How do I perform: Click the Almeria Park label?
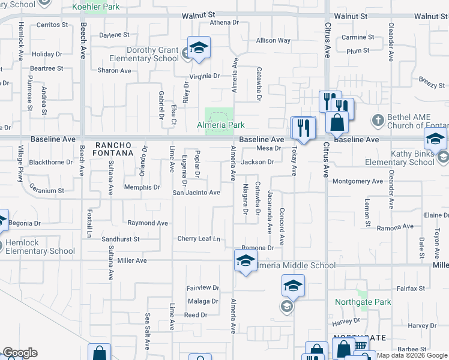coord(221,125)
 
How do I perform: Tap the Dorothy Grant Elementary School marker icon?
coord(199,47)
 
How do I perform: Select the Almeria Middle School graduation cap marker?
coord(245,261)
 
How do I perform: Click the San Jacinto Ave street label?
coord(196,193)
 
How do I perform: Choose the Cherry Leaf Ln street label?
coord(199,239)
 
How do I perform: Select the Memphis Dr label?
coord(142,187)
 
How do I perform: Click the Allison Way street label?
coord(273,41)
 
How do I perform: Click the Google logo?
coord(20,353)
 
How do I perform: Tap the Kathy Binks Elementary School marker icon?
coord(435,140)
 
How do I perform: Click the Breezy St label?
coord(432,86)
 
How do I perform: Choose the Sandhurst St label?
coord(120,239)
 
